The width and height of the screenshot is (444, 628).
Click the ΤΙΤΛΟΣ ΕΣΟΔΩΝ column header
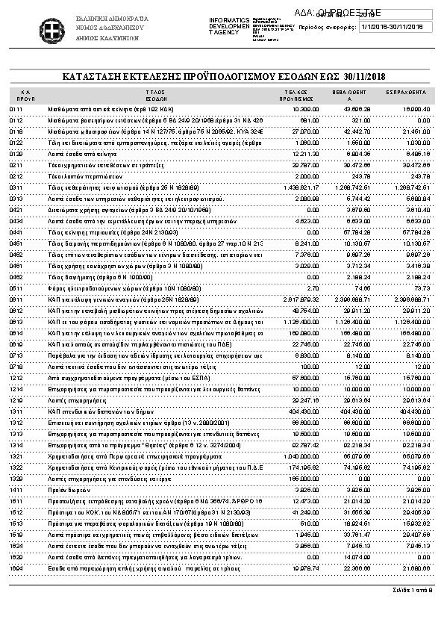pos(156,95)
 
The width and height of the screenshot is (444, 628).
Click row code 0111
pos(16,109)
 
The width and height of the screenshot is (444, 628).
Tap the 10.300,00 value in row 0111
pos(306,109)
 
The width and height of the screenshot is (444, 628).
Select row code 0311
pos(16,187)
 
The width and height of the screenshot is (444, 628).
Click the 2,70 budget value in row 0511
pos(314,287)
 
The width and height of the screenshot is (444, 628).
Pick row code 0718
pos(16,367)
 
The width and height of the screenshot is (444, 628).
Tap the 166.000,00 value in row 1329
pos(304,477)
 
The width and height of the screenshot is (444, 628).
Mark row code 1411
pos(16,488)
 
